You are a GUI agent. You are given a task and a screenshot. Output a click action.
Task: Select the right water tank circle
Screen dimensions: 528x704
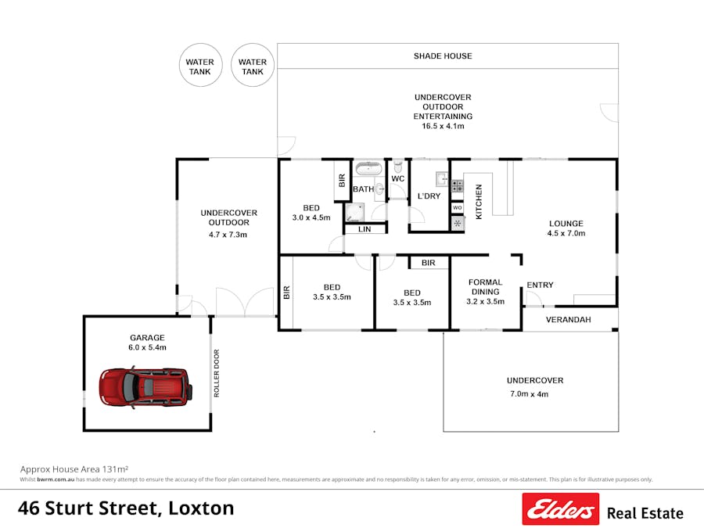[252, 64]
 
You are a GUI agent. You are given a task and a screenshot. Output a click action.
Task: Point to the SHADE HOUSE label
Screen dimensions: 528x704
[443, 56]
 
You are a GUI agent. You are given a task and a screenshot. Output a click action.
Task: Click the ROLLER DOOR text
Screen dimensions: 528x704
[217, 373]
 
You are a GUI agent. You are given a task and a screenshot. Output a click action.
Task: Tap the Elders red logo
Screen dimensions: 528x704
[560, 509]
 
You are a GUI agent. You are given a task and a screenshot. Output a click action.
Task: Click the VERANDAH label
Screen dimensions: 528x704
[568, 320]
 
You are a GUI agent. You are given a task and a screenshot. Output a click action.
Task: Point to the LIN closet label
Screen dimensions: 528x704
[365, 229]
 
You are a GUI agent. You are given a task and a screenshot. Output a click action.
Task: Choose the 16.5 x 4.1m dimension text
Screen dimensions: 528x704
[443, 126]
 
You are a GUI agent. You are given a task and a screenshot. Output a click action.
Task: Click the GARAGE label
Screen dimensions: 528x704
[147, 338]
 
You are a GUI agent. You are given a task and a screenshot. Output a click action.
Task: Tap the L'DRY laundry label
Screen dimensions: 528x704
[429, 196]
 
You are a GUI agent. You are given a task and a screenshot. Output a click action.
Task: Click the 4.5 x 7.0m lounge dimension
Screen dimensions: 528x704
[565, 233]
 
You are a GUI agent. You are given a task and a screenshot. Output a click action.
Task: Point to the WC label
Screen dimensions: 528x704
[397, 179]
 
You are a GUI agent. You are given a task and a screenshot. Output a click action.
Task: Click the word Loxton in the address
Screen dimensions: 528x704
[201, 508]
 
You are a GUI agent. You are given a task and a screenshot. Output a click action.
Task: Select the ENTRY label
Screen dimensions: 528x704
[540, 286]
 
